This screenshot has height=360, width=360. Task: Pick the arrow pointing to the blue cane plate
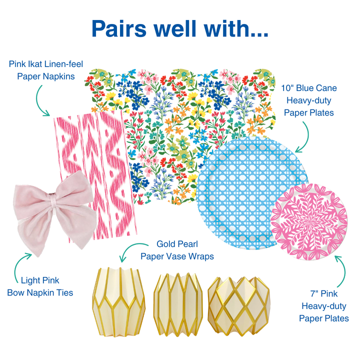[x=305, y=135]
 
